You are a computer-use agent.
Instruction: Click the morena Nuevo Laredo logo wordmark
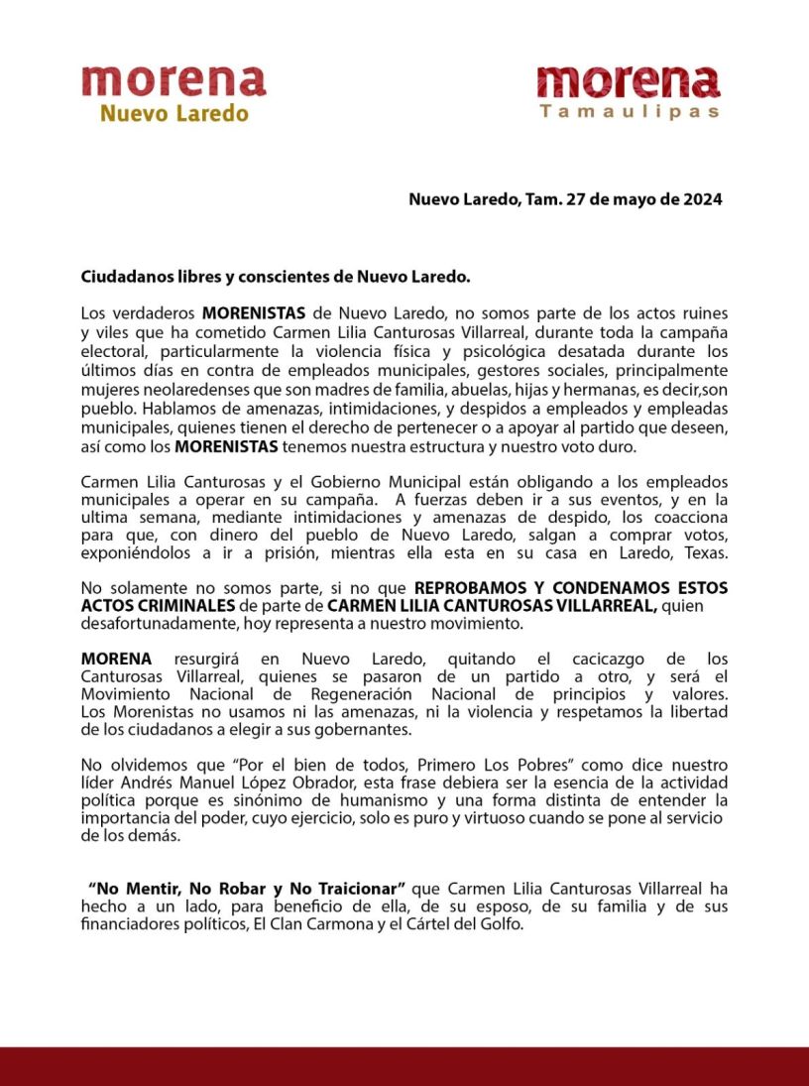pyautogui.click(x=173, y=81)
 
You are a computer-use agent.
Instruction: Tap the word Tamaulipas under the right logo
pyautogui.click(x=630, y=112)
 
